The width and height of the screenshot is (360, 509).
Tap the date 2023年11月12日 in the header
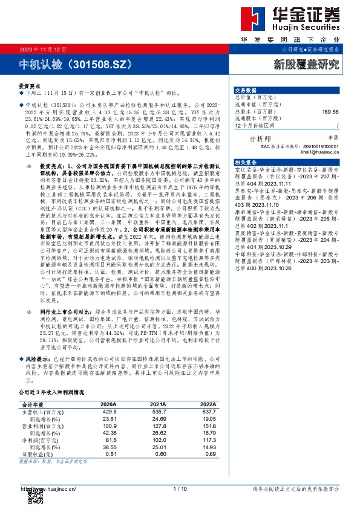(x=38, y=49)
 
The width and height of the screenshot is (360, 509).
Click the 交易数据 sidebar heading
(x=246, y=89)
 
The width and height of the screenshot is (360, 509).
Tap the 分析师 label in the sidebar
(x=260, y=138)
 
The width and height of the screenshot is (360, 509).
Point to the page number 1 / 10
(x=179, y=488)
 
